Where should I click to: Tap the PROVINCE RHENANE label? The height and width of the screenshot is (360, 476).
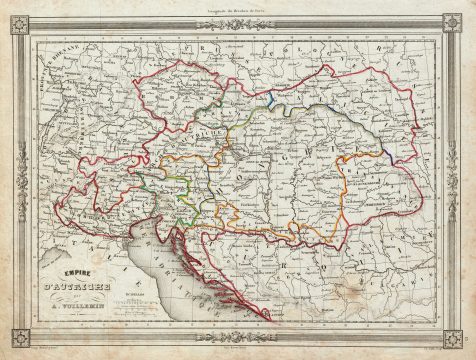click(x=47, y=75)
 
